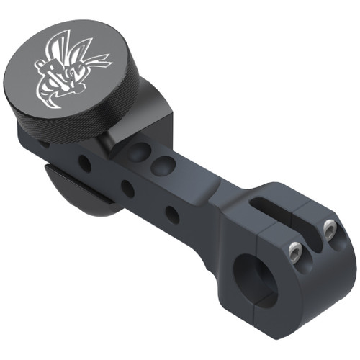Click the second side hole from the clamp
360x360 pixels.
pyautogui.click(x=127, y=189)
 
